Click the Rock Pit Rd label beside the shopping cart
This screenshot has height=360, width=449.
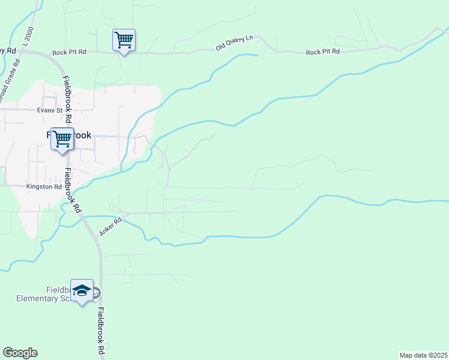(x=69, y=52)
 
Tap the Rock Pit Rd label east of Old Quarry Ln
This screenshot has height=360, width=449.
(x=322, y=52)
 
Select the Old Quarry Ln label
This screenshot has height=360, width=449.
(x=235, y=43)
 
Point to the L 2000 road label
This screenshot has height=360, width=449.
(x=28, y=37)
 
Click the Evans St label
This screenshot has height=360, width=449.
(x=50, y=110)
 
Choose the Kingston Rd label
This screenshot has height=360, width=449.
(x=44, y=187)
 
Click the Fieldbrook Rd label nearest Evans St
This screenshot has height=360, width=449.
(x=67, y=95)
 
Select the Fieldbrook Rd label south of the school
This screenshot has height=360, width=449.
(x=102, y=331)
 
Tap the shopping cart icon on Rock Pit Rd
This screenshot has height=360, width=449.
(x=124, y=40)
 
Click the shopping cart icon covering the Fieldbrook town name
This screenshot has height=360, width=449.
(x=62, y=139)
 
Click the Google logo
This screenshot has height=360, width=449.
(x=20, y=353)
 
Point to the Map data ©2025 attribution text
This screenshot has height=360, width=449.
(x=424, y=355)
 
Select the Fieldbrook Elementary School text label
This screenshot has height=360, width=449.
(x=42, y=293)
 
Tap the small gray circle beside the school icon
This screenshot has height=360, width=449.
(x=96, y=292)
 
